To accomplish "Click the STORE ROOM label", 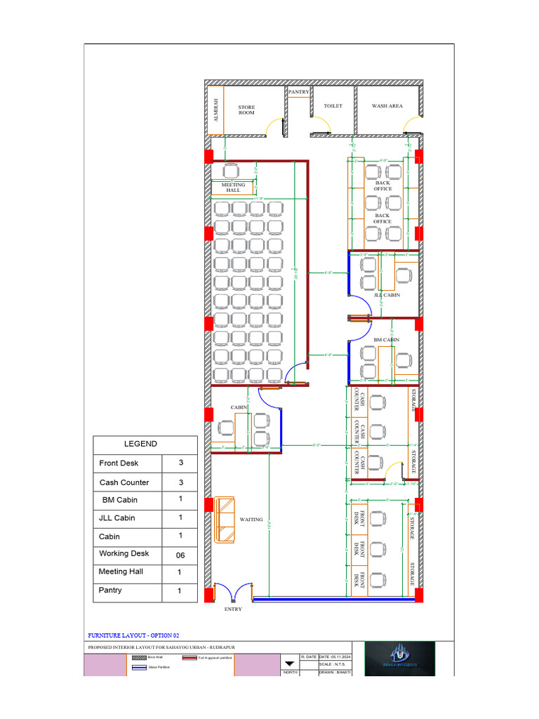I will (246, 110).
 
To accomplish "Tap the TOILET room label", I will (333, 106).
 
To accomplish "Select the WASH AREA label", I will (387, 106).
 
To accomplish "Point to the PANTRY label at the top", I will (298, 92).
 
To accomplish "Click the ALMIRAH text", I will (216, 110).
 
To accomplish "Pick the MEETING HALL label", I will (233, 187).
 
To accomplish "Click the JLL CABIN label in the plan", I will (387, 296).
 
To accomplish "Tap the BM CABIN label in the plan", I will (386, 340).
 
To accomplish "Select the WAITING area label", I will (251, 520).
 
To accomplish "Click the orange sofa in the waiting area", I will (225, 519).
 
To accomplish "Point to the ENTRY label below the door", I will (233, 609).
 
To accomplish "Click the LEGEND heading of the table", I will (141, 444).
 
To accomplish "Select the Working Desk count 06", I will (180, 555).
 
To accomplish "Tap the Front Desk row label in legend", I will (119, 463).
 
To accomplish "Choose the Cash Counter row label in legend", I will (124, 482).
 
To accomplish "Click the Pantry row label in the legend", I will (110, 591).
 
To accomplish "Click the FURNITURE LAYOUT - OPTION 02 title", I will (133, 634).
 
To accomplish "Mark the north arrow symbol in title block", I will (289, 663).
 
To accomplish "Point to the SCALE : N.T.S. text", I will (335, 664).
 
